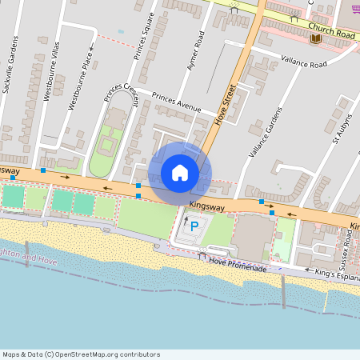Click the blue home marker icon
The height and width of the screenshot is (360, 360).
coord(180,173)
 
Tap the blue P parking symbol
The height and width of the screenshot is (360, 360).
coord(194,227)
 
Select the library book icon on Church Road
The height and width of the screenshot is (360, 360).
coord(315,38)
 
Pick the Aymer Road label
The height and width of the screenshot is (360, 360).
coord(196,50)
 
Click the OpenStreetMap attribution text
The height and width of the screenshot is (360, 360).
coord(81,354)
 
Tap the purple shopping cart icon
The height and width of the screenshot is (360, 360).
coord(354,9)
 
